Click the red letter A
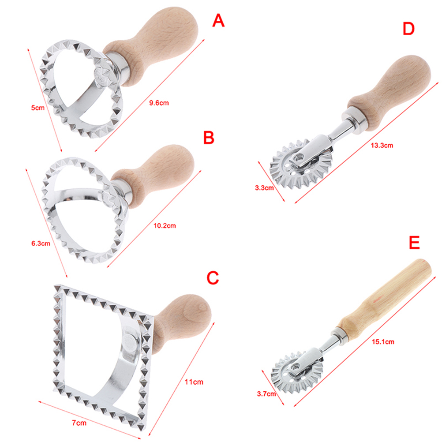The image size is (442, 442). [x=218, y=21]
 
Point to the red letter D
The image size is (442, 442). [x=408, y=29]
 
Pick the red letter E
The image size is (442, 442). [x=414, y=243]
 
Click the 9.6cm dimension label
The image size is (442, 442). [x=159, y=103]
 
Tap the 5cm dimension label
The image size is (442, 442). [x=38, y=108]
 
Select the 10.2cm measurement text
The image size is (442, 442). [x=165, y=225]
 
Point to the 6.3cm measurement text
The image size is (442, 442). [x=41, y=243]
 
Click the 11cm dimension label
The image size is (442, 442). [x=194, y=382]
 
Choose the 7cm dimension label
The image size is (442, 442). [x=79, y=423]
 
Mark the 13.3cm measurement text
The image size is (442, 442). [x=382, y=146]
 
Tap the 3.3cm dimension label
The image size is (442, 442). [x=264, y=188]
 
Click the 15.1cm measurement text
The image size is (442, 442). [x=383, y=342]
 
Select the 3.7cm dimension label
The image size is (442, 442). [x=266, y=394]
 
